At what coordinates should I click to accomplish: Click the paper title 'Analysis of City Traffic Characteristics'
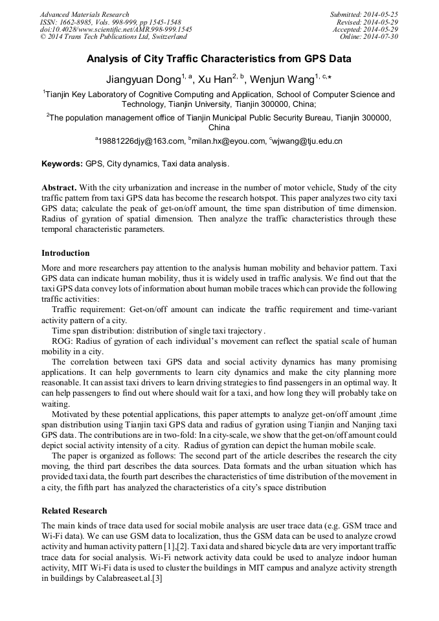coord(219,59)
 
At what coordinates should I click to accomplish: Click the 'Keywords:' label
coord(62,164)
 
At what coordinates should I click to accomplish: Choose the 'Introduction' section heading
coord(65,253)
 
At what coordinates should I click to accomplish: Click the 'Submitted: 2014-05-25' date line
coord(365,14)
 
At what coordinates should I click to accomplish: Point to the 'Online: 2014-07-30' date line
coord(370,37)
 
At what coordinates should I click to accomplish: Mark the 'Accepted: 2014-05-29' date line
coord(366,29)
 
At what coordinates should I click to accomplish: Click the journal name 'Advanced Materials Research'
coord(84,14)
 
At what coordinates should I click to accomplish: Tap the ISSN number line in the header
coord(110,22)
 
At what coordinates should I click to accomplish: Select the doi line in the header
coord(116,29)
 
